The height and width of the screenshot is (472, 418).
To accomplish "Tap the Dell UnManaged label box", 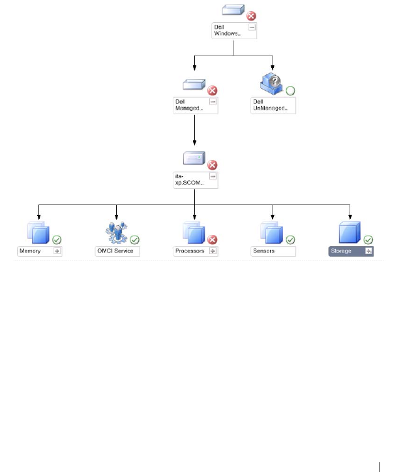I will pos(273,106).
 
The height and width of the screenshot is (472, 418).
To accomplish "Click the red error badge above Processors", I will pos(213,240).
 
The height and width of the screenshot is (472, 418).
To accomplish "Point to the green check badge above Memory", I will pos(57,240).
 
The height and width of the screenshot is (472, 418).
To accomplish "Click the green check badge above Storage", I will pos(368,240).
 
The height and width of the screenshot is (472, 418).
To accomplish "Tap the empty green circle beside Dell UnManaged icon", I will pos(290,90).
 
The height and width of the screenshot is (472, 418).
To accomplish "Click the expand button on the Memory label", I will pos(57,251).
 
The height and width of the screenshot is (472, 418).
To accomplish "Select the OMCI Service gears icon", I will pos(116,232).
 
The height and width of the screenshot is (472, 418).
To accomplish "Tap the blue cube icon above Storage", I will pos(350,232).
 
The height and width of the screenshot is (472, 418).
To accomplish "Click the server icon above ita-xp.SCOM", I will pos(195,158).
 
